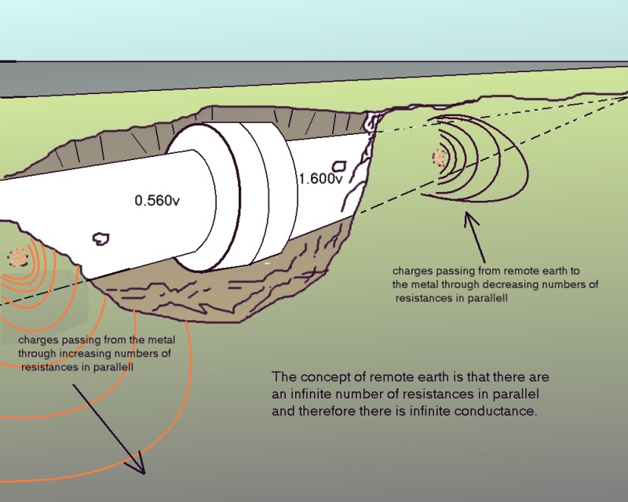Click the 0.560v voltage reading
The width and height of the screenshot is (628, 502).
coord(157,201)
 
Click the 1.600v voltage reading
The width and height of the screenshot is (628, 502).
coord(319,179)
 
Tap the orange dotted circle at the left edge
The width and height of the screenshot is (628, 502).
coord(16,256)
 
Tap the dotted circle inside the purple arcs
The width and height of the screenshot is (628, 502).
coord(439,158)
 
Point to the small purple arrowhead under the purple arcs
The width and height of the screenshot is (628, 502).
coord(470,216)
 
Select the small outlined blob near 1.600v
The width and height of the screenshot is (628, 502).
coord(340,166)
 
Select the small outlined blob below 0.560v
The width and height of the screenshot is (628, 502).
coord(100,237)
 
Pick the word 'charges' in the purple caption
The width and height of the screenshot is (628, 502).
coord(411,272)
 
